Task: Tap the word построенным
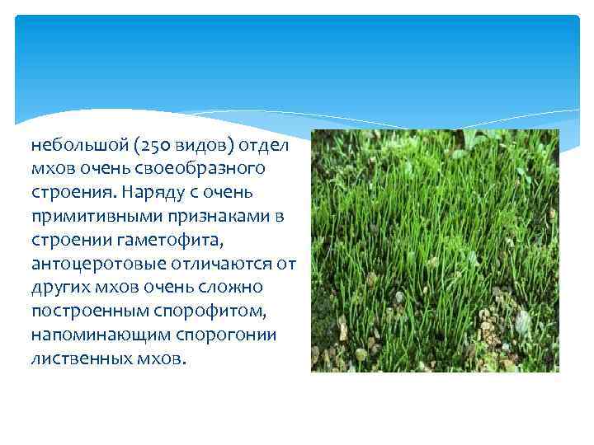coord(82,311)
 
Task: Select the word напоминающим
coord(88,335)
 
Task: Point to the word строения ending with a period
coord(68,192)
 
